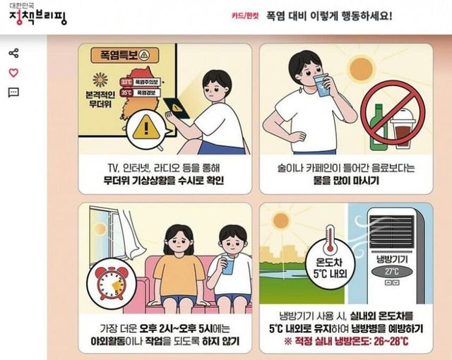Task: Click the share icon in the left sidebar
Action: [x=13, y=53]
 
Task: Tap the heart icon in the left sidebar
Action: [x=13, y=73]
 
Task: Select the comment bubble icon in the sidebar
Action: [x=13, y=92]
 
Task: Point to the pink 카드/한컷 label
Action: [x=245, y=16]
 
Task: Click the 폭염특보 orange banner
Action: [x=124, y=55]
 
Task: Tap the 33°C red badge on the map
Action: [x=126, y=82]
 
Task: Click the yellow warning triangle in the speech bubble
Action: [x=146, y=128]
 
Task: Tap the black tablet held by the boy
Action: [x=177, y=108]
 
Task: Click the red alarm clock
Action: [x=111, y=283]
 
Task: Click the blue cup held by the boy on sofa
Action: [x=228, y=265]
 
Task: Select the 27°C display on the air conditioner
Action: [x=393, y=272]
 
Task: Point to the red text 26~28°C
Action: [x=391, y=342]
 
